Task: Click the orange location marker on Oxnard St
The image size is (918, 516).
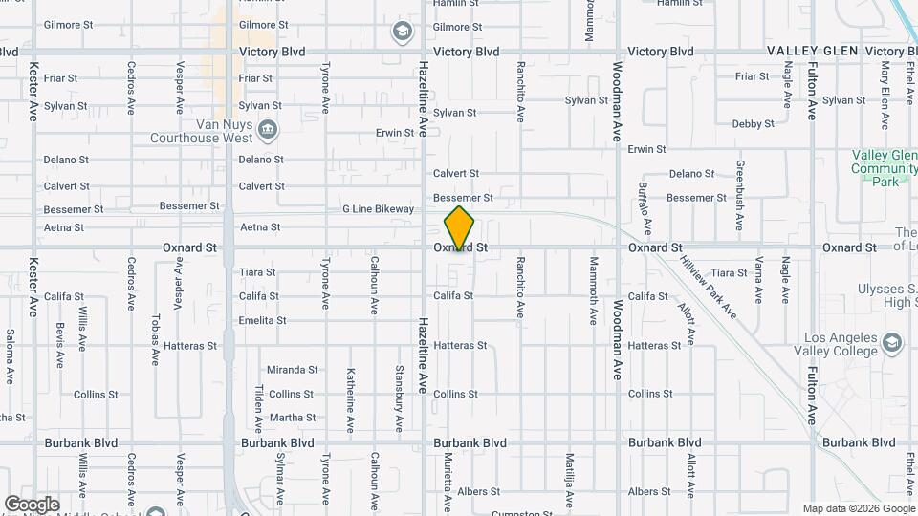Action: (x=459, y=229)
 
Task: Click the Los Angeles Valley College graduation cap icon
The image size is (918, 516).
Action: (x=891, y=342)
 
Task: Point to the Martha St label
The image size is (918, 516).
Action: (x=292, y=418)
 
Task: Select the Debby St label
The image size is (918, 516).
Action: (x=753, y=124)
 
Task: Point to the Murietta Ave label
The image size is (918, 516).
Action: (x=448, y=483)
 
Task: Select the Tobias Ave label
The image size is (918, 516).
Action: (x=155, y=339)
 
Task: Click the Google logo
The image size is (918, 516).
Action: (x=32, y=505)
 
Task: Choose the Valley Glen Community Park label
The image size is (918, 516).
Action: (x=884, y=168)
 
